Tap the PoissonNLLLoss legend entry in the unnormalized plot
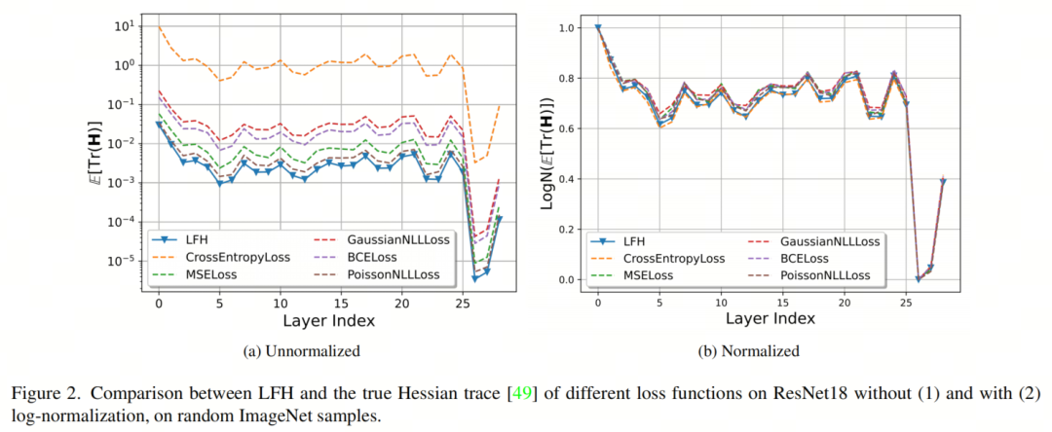point(391,275)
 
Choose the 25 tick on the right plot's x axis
point(906,305)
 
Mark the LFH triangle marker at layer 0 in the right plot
point(597,28)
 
